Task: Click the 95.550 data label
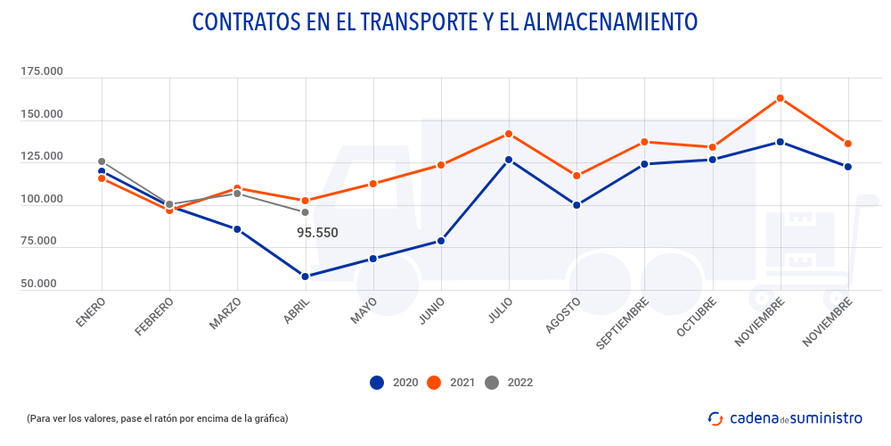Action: coord(317,233)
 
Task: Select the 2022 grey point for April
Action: coord(305,212)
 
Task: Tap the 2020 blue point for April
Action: coord(305,277)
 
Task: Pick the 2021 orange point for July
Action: coord(509,134)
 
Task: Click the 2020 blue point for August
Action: coord(576,205)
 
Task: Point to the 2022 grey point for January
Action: coord(102,161)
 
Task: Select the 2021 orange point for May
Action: coord(372,184)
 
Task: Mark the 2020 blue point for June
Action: coord(441,241)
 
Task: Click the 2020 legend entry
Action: coord(393,383)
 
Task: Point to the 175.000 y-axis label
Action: coord(41,71)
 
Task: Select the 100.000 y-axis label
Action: coord(41,199)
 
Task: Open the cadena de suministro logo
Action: coord(785,417)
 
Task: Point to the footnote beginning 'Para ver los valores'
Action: coord(158,418)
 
